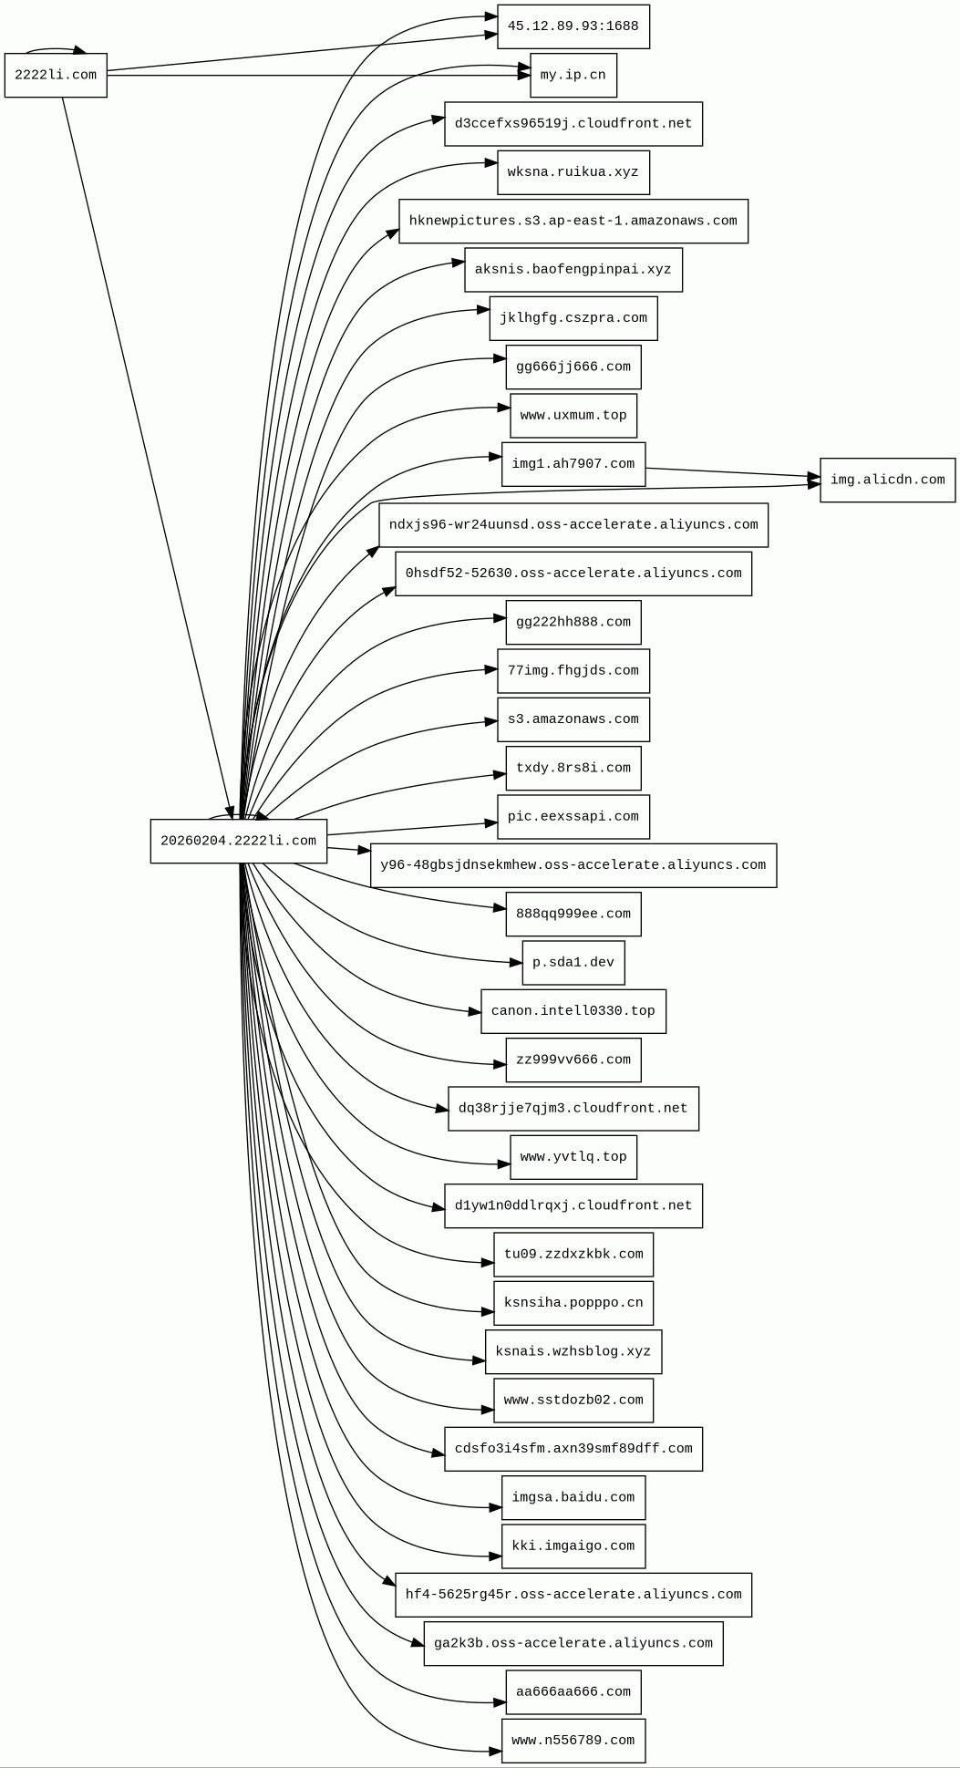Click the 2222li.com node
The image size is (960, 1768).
pyautogui.click(x=56, y=75)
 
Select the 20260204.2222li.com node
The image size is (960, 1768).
pyautogui.click(x=238, y=841)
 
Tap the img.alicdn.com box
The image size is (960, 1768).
pyautogui.click(x=887, y=480)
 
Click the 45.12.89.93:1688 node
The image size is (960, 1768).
pyautogui.click(x=573, y=26)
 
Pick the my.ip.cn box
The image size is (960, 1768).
pyautogui.click(x=573, y=75)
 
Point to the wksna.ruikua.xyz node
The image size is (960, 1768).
pyautogui.click(x=573, y=172)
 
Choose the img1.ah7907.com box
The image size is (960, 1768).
pyautogui.click(x=573, y=464)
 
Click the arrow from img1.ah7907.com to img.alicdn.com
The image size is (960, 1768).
pyautogui.click(x=729, y=472)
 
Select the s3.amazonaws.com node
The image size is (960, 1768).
pyautogui.click(x=573, y=719)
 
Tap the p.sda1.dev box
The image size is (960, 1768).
pyautogui.click(x=573, y=963)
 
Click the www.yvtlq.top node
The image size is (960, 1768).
pyautogui.click(x=573, y=1157)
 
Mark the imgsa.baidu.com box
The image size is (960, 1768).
pyautogui.click(x=573, y=1497)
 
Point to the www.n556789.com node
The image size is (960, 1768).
pyautogui.click(x=573, y=1741)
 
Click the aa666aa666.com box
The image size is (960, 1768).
pyautogui.click(x=573, y=1692)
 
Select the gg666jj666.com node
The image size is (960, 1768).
pyautogui.click(x=573, y=367)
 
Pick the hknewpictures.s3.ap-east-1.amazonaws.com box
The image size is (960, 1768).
pyautogui.click(x=573, y=221)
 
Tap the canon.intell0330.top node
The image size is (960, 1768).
pyautogui.click(x=573, y=1011)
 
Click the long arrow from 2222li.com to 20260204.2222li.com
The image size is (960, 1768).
pyautogui.click(x=146, y=456)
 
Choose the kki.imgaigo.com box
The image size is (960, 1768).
pyautogui.click(x=573, y=1546)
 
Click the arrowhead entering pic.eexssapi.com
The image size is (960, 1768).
pyautogui.click(x=490, y=823)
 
